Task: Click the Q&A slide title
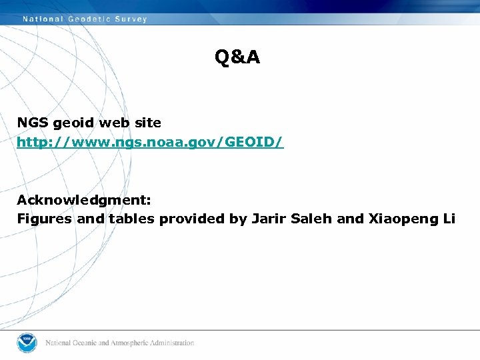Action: [x=237, y=58]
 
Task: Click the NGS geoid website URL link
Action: [x=150, y=142]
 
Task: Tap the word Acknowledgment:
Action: [x=84, y=200]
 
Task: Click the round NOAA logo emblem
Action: [x=28, y=342]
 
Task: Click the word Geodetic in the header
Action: [x=90, y=19]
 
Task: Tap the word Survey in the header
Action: [x=131, y=19]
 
